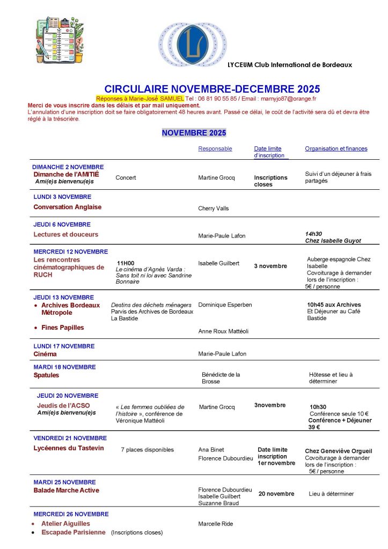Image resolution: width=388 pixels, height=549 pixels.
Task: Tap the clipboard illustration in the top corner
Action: pos(60,39)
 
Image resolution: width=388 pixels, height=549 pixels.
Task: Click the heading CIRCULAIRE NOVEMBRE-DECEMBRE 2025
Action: pos(212,89)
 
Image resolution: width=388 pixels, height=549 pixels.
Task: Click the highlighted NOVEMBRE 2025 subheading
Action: pos(194,132)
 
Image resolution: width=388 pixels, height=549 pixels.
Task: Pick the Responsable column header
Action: pos(215,149)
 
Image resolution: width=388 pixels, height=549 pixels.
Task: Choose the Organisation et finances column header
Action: pos(336,149)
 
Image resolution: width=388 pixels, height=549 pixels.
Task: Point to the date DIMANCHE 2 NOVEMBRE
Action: pos(68,167)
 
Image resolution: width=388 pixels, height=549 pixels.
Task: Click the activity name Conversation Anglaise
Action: pos(68,207)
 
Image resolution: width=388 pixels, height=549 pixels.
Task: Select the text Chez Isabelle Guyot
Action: pos(333,241)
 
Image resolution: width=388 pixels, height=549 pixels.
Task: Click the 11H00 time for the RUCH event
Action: pos(126,263)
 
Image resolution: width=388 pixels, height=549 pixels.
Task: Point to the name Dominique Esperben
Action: pos(225,305)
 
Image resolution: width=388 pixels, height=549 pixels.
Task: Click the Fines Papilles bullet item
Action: pos(62,328)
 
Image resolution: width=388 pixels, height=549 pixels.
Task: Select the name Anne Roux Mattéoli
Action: pos(223,331)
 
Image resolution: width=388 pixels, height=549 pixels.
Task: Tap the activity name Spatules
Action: pos(46,375)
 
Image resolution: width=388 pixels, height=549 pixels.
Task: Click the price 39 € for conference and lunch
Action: pos(314,427)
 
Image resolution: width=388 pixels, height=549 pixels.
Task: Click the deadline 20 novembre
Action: pos(276,494)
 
